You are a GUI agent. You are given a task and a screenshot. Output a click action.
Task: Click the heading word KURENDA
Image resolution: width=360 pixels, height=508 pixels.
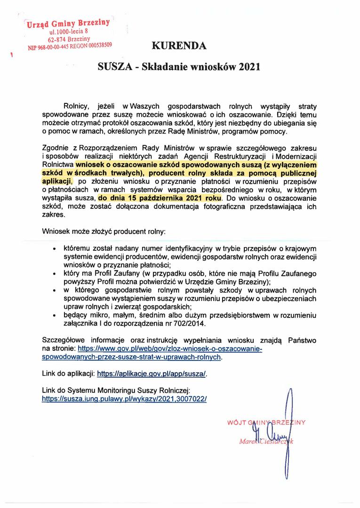pyautogui.click(x=179, y=46)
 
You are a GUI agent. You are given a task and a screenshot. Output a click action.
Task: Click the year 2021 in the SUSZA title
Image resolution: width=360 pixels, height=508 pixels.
pyautogui.click(x=249, y=67)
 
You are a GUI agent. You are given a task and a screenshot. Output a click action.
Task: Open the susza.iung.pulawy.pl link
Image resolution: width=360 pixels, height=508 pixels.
pyautogui.click(x=124, y=398)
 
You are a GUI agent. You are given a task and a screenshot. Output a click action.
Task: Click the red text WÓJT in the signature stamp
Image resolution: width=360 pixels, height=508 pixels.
pyautogui.click(x=237, y=422)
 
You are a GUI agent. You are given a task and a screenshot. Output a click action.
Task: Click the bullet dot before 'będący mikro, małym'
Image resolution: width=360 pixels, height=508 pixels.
pyautogui.click(x=55, y=316)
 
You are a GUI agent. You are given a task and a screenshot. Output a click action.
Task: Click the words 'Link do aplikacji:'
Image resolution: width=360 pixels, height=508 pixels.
pyautogui.click(x=68, y=374)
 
